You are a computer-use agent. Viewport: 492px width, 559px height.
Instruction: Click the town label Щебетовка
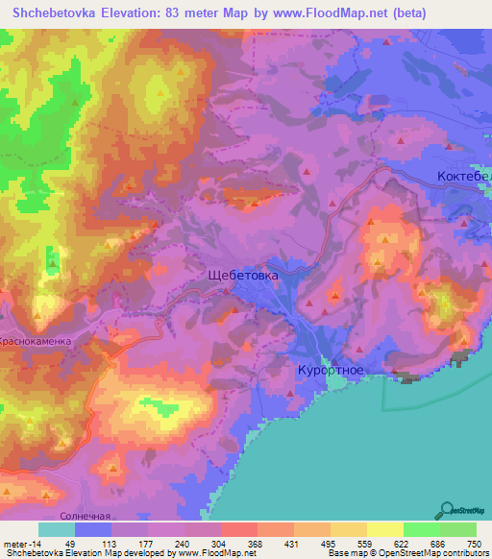click(243, 275)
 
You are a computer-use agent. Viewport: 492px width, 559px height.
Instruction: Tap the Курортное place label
click(328, 370)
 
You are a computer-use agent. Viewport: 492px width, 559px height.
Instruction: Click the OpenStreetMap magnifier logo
click(445, 510)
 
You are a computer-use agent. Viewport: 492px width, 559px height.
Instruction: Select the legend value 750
click(473, 543)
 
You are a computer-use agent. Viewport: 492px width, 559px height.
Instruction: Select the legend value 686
click(437, 543)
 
